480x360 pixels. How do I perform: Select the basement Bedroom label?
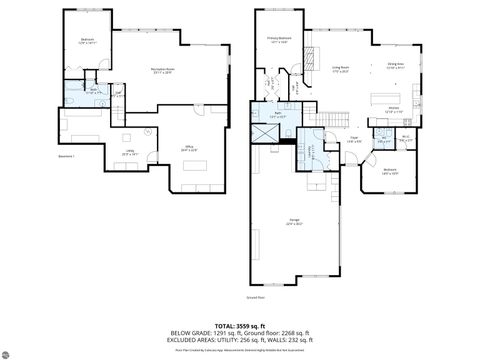[x=86, y=42]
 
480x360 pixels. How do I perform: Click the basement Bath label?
[x=94, y=92]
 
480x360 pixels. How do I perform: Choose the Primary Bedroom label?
[x=277, y=41]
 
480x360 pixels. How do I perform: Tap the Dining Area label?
[x=396, y=66]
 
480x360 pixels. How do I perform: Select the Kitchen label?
[x=393, y=110]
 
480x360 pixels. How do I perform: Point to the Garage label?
[x=294, y=222]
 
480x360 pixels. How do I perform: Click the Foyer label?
[x=354, y=140]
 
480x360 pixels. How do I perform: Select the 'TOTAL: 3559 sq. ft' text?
[x=240, y=325]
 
